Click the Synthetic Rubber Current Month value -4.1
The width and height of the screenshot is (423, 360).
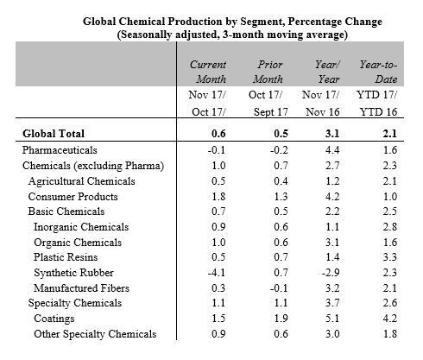click(x=217, y=272)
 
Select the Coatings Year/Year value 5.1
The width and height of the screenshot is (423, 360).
click(x=332, y=319)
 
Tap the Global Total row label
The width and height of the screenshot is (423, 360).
click(x=54, y=134)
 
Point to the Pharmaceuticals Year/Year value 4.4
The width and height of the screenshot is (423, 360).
click(x=332, y=150)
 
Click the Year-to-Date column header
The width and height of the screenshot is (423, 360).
click(x=378, y=72)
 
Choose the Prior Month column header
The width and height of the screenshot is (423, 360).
click(x=268, y=72)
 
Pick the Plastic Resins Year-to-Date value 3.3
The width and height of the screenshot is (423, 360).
click(x=390, y=256)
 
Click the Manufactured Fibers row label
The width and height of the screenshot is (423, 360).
click(x=81, y=287)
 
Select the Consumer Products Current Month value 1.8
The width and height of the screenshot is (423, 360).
click(x=218, y=196)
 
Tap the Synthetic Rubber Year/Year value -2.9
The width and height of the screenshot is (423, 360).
click(x=331, y=272)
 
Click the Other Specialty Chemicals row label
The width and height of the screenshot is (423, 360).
click(x=95, y=334)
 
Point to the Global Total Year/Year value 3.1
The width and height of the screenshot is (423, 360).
click(x=332, y=134)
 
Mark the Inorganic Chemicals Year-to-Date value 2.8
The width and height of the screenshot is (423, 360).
click(x=390, y=227)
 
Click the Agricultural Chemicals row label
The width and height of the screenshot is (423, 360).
click(x=82, y=181)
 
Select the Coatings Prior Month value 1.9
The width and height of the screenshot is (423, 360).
click(x=281, y=319)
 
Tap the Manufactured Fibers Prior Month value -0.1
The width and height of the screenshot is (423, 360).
click(x=279, y=287)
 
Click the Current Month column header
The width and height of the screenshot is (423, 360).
click(x=208, y=72)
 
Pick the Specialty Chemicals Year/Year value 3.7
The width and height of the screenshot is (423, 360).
click(x=332, y=303)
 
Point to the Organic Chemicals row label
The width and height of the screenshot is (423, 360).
click(x=78, y=243)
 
